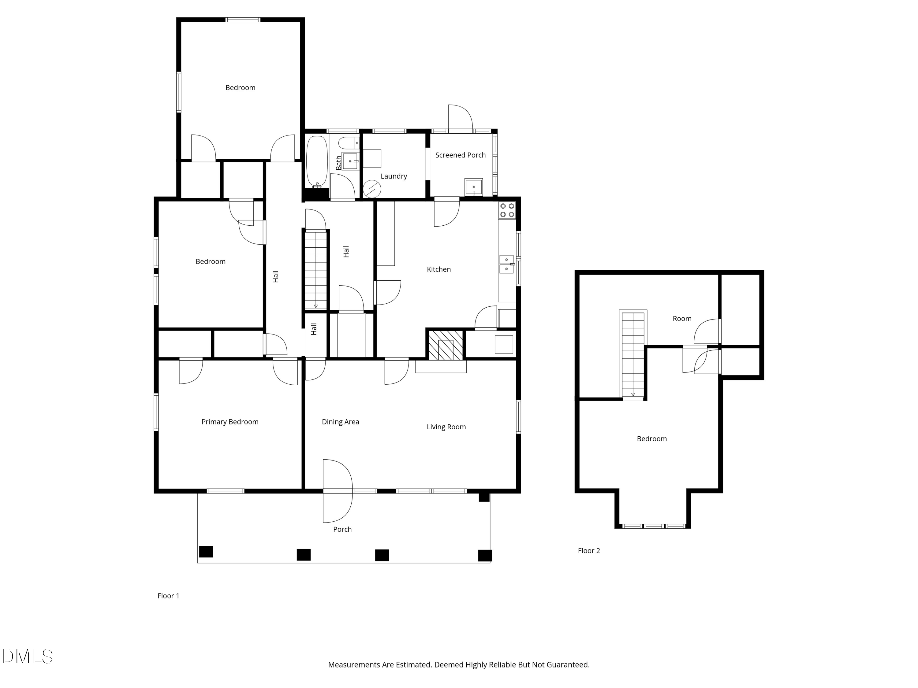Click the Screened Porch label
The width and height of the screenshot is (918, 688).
pos(460,155)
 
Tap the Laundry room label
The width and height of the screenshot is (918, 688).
pos(394,176)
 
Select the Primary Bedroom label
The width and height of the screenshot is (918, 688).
pos(230,422)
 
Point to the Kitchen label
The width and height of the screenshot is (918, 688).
pos(439,269)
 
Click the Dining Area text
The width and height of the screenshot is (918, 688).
pos(340,422)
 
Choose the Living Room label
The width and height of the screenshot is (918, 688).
pos(446,427)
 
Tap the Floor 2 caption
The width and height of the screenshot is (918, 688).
pos(589,551)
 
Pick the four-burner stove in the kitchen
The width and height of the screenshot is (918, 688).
pos(507,210)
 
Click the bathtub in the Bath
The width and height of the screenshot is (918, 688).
pos(317,162)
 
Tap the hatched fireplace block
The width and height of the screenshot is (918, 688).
pos(445,345)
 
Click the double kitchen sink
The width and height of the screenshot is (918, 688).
pos(507,264)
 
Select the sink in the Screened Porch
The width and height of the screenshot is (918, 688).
pos(473,187)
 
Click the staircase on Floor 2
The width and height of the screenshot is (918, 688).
pos(633,355)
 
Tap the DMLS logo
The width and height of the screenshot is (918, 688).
pos(28,657)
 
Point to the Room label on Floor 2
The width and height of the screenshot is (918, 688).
pos(682,319)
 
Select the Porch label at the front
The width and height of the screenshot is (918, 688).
pos(342,529)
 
